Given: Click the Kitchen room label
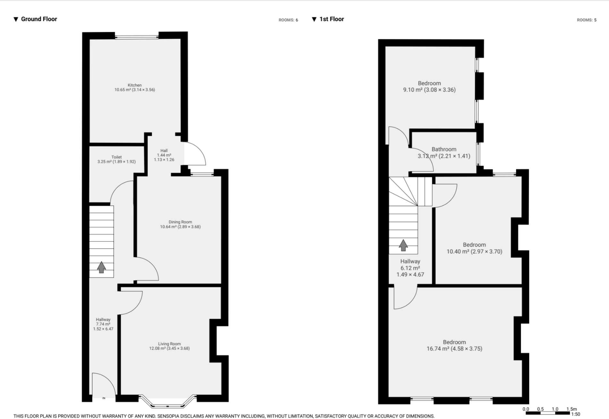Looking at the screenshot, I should (x=135, y=85).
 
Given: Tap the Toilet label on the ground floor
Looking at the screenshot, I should (x=116, y=157).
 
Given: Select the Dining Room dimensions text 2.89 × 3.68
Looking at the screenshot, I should (x=189, y=227).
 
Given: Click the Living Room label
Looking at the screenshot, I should (x=169, y=344).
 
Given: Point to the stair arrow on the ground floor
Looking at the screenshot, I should (x=101, y=267).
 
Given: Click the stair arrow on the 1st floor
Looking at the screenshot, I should (x=403, y=245).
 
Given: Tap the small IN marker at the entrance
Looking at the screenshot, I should (x=104, y=398).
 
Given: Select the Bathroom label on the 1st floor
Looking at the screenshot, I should (x=444, y=149).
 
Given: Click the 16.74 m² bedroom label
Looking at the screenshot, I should (x=454, y=342).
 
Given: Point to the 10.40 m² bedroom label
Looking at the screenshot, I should (x=474, y=245).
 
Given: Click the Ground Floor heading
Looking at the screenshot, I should (x=39, y=19).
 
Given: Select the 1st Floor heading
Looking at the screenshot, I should (x=331, y=19).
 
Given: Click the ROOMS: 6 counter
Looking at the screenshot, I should (x=288, y=20).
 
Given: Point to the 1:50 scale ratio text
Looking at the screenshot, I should (x=575, y=414).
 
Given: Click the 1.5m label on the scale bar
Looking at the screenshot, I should (x=571, y=409).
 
